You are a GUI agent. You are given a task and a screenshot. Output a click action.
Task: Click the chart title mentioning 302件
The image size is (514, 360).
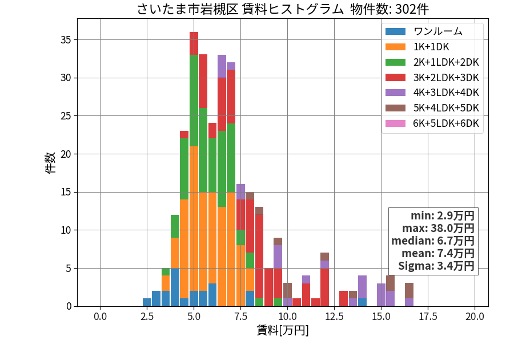coord(283,9)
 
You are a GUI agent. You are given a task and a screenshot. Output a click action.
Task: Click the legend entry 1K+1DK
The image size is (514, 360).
coord(431,46)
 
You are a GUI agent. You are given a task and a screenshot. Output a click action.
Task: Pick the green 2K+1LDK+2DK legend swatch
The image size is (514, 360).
coord(395,62)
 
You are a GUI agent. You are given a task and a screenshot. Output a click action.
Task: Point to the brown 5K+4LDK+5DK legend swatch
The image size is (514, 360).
coord(395,108)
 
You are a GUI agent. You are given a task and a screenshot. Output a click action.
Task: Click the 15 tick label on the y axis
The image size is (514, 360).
coord(66,192)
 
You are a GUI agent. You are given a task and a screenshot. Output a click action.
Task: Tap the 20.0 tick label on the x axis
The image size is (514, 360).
coord(475,316)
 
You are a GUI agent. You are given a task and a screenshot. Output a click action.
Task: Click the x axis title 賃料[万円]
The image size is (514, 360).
coord(283,330)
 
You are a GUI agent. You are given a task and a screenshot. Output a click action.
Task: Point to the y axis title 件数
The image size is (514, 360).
coord(50,163)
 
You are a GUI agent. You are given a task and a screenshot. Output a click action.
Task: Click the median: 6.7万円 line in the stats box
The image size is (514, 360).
coord(433,241)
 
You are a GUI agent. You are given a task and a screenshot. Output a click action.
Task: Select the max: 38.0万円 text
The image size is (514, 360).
coord(438,228)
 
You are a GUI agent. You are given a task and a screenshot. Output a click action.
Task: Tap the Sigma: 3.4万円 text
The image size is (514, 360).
coord(436,266)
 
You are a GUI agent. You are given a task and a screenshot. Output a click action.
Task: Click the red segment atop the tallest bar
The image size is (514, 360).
coord(194,43)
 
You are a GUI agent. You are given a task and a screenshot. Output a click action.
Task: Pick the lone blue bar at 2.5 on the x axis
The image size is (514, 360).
coord(147,302)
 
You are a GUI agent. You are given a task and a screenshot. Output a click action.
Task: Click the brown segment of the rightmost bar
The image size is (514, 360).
coord(409,291)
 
